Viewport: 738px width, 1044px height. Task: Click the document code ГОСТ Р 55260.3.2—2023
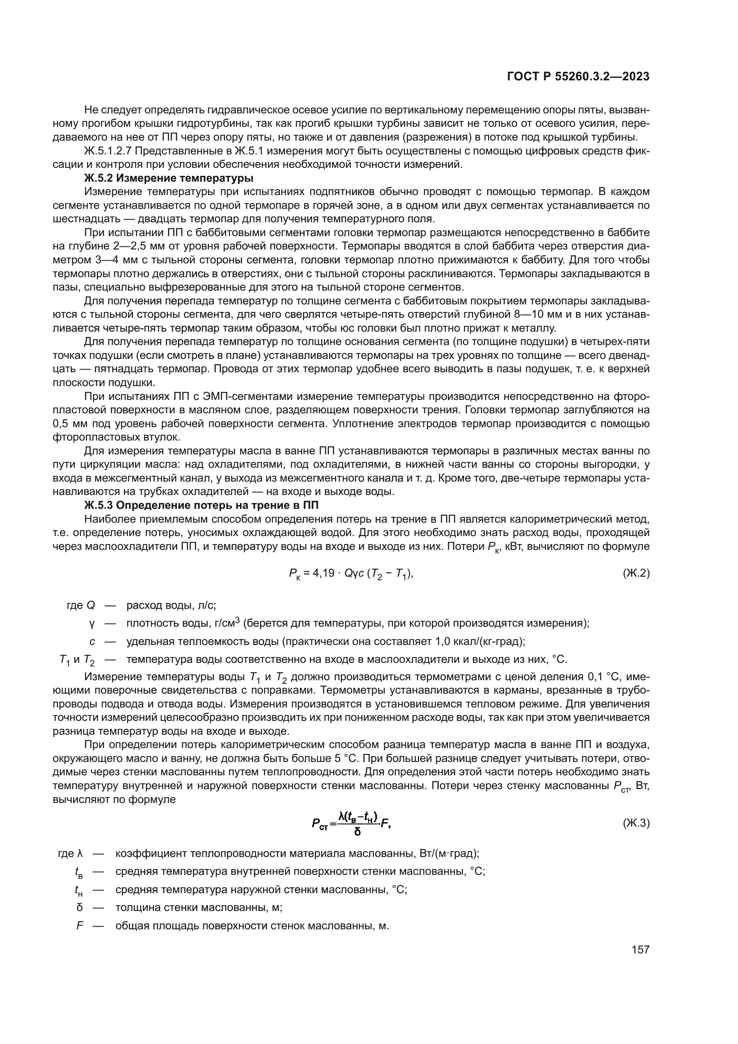[577, 77]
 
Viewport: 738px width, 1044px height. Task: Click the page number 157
[640, 949]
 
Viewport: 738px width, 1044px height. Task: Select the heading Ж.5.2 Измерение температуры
[169, 178]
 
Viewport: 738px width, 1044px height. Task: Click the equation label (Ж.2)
[636, 574]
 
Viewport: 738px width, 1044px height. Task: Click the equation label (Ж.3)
[636, 823]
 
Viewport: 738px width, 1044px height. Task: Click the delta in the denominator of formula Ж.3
[357, 832]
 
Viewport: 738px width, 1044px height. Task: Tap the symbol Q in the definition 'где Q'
[91, 605]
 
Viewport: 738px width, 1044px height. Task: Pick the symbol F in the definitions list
[80, 926]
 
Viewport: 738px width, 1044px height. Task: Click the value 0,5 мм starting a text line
[70, 424]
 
